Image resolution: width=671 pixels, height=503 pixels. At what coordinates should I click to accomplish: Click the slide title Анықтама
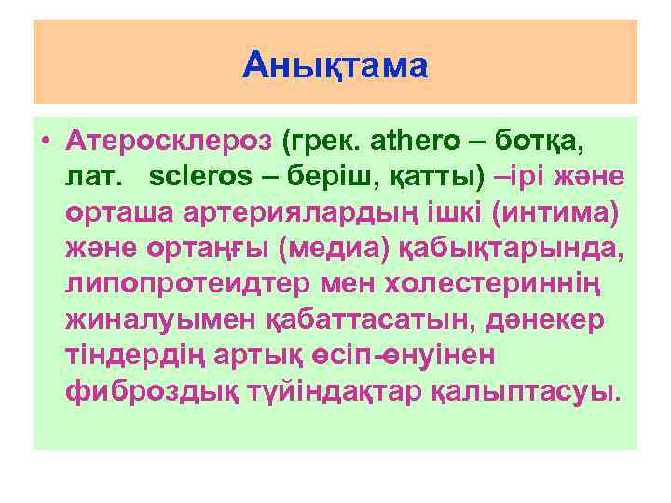tap(335, 65)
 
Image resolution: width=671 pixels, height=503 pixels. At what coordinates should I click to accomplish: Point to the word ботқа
tap(550, 142)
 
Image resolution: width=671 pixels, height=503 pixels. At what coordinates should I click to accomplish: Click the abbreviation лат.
tap(91, 176)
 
